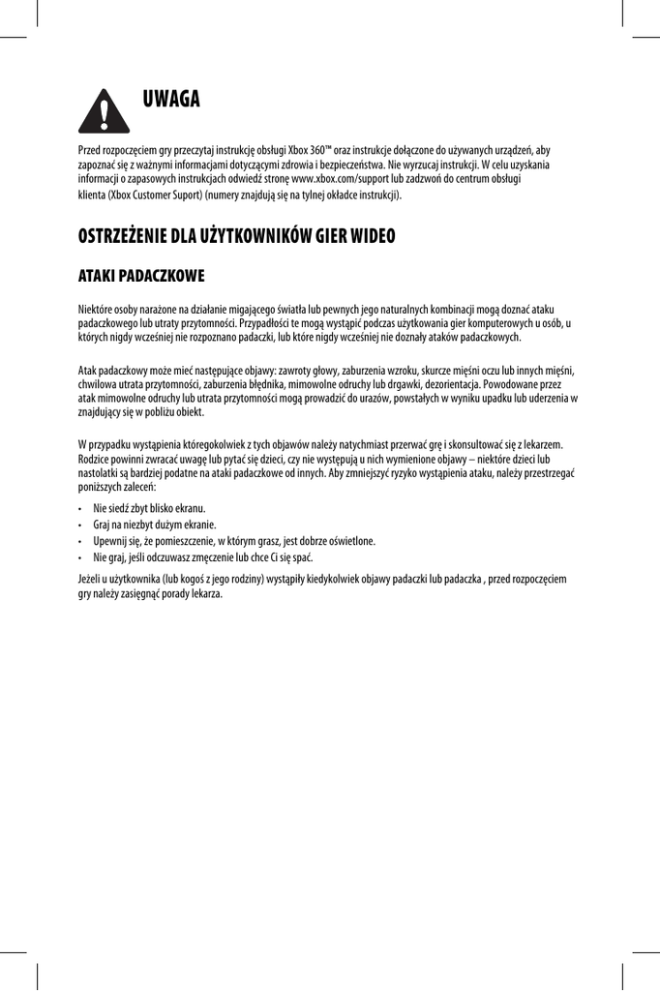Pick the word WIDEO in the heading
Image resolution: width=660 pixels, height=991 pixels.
(x=368, y=237)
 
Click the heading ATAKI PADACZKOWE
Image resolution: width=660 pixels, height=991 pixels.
(x=140, y=278)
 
